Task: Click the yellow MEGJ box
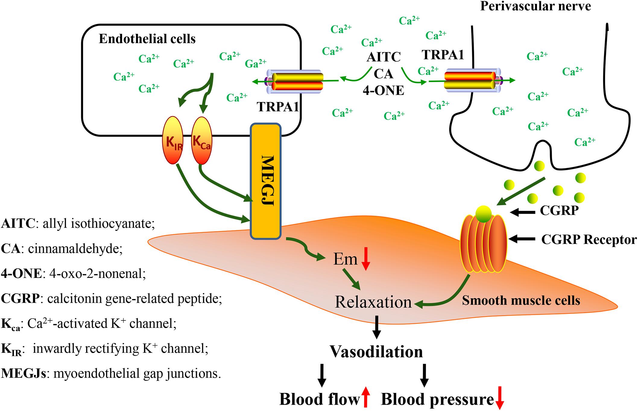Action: (265, 181)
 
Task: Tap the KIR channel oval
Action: (173, 140)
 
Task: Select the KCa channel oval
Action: (202, 140)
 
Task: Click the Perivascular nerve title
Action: (535, 6)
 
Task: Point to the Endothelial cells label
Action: (147, 39)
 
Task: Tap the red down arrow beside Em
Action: (366, 259)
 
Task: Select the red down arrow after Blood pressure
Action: (500, 398)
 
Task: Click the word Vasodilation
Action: (376, 352)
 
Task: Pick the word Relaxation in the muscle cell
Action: (373, 302)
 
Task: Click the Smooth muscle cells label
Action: (521, 300)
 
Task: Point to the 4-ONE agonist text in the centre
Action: (383, 90)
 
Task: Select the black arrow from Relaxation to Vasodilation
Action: (376, 327)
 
